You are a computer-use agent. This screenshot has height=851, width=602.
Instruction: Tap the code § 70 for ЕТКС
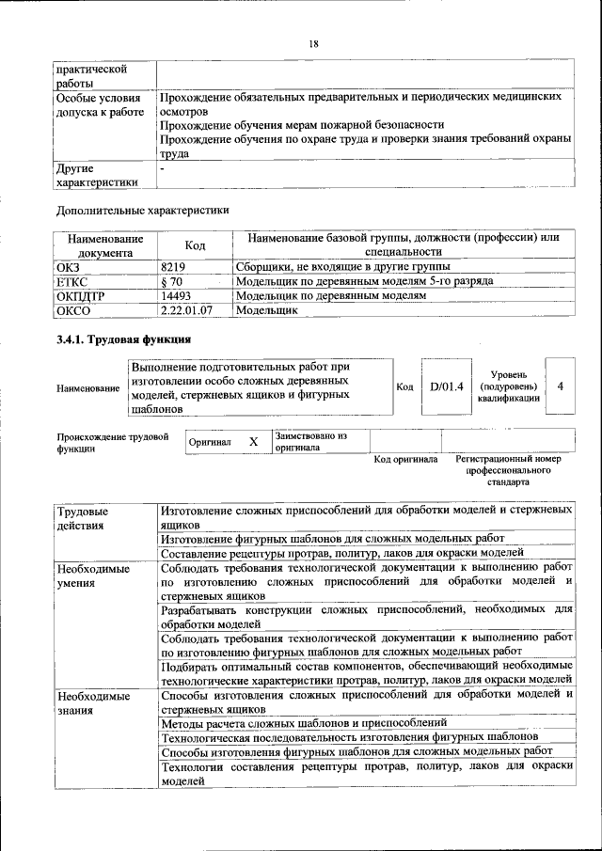pos(171,281)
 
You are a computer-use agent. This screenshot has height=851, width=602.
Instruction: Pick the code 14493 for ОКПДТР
pos(177,295)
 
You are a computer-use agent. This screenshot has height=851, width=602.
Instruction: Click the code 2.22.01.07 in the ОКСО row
pos(186,309)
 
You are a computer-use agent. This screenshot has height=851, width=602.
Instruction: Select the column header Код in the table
pos(195,245)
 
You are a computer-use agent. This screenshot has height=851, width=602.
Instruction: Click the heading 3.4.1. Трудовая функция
pos(124,339)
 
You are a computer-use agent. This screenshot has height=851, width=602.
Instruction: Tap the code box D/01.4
pos(447,386)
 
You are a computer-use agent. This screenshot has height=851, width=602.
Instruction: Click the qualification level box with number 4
pos(561,386)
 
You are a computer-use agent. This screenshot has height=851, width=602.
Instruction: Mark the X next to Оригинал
pos(253,441)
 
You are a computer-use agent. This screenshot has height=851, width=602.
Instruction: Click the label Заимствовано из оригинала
pos(311,442)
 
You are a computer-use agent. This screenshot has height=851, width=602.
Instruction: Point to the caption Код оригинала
pos(405,460)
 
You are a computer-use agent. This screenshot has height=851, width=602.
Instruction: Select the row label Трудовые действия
pos(83,517)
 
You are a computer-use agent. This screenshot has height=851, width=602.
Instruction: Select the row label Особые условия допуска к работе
pos(99,111)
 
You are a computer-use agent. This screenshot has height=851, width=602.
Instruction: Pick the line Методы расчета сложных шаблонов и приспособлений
pos(303,722)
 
